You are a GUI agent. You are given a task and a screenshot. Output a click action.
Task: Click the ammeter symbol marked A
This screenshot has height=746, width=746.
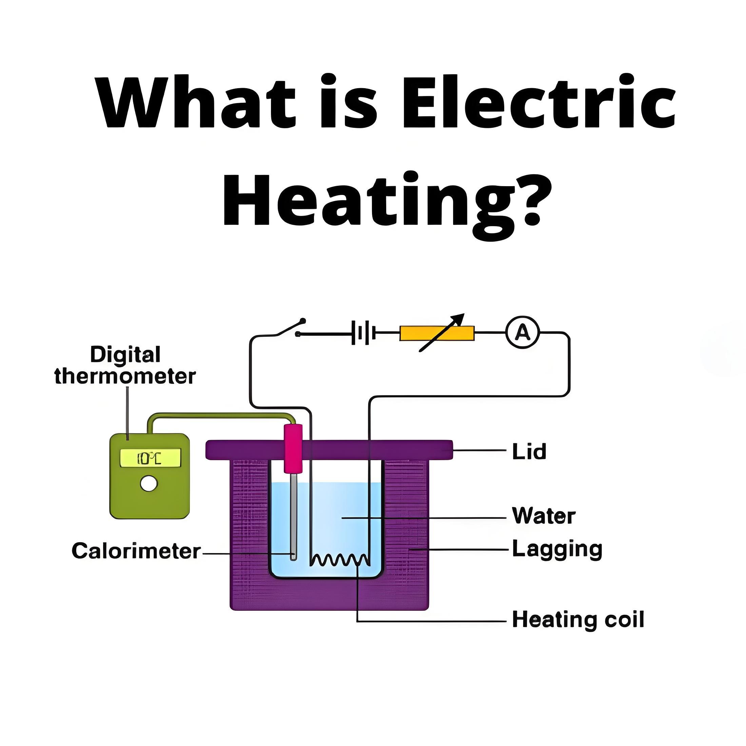[x=523, y=332]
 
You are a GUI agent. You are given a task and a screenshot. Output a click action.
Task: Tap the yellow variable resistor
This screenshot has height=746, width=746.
[x=437, y=333]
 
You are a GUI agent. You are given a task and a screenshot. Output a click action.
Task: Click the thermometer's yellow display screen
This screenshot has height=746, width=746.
[x=150, y=458]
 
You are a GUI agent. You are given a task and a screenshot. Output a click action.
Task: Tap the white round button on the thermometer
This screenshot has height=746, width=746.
[x=149, y=484]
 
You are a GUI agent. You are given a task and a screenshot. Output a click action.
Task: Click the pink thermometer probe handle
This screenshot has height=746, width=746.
[x=293, y=448]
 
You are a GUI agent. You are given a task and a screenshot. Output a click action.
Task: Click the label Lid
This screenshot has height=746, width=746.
[x=529, y=451]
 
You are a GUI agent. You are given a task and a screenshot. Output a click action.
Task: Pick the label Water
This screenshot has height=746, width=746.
[x=544, y=515]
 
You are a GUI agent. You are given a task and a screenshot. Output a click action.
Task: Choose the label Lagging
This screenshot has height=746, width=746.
[x=557, y=549]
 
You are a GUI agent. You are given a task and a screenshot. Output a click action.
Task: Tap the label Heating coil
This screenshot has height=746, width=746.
[x=578, y=620]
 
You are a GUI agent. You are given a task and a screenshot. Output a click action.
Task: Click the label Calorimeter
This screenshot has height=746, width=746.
[x=136, y=551]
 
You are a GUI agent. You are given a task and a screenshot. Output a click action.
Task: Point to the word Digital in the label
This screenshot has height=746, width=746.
[x=125, y=354]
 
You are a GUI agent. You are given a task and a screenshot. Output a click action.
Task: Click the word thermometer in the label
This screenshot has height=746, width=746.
[x=125, y=376]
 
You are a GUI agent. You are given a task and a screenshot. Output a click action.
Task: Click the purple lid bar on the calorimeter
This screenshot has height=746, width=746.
[x=329, y=450]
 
